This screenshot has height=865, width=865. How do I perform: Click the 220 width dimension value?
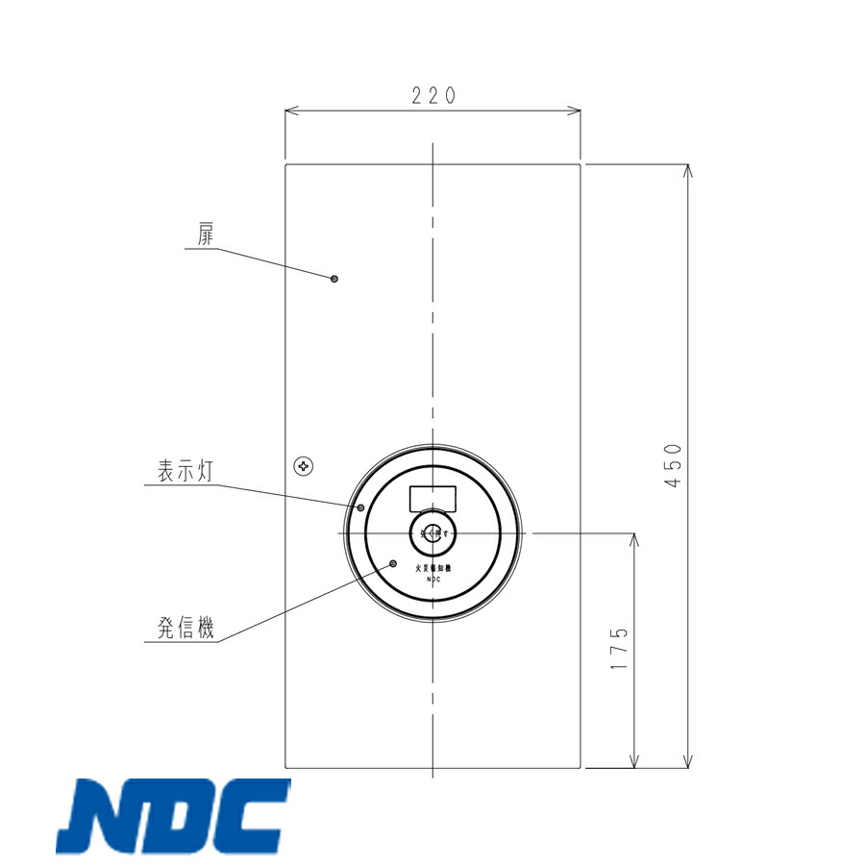click(x=432, y=95)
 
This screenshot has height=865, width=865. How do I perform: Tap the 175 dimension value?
click(x=620, y=649)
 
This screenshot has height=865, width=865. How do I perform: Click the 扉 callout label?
click(x=206, y=235)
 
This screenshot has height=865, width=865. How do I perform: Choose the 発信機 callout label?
click(x=185, y=629)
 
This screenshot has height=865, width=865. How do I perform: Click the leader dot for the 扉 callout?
click(x=334, y=279)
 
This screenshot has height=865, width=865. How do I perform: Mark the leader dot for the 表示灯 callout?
click(x=361, y=507)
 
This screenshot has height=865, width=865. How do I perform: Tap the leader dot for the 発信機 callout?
click(x=393, y=563)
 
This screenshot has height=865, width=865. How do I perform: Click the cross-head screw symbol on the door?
click(x=305, y=466)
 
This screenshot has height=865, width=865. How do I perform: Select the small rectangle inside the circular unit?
click(x=432, y=499)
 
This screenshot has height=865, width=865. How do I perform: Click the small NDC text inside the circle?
click(x=432, y=580)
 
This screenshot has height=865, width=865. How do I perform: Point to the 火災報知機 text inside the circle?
click(x=432, y=569)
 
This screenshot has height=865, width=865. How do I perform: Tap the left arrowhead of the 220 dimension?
click(x=291, y=111)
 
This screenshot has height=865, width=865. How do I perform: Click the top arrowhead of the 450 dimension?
click(x=688, y=170)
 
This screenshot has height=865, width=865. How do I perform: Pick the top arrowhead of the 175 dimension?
click(x=634, y=538)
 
